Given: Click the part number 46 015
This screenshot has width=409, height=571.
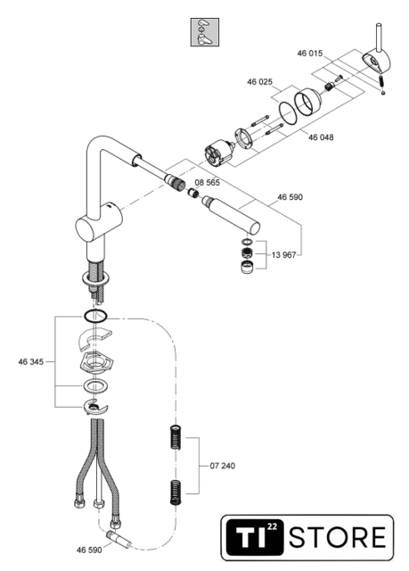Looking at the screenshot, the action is click(x=310, y=54).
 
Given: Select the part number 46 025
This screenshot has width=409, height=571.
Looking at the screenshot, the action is click(x=259, y=82).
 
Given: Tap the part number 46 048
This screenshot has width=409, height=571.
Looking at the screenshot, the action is click(x=321, y=137).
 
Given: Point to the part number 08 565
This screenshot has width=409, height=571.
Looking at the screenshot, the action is click(x=208, y=182).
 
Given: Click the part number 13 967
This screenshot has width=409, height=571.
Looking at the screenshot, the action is click(x=283, y=255).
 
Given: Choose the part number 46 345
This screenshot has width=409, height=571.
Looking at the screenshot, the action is click(x=31, y=361).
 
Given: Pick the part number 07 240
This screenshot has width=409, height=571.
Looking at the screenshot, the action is click(x=223, y=466).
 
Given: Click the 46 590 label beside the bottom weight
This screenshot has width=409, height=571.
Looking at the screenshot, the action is click(x=89, y=550).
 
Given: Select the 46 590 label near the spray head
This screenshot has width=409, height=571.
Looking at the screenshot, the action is click(x=290, y=197).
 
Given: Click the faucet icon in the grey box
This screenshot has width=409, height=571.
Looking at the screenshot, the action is click(x=205, y=32).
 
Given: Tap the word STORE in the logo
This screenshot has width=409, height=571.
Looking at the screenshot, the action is click(x=338, y=537).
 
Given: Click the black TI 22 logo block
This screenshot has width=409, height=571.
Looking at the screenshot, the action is click(x=255, y=537).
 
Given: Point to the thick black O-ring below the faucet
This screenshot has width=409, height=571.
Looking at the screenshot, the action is click(x=95, y=316).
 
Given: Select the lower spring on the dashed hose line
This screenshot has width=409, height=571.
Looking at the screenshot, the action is click(x=176, y=492).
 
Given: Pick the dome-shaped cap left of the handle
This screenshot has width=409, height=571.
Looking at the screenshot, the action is click(x=308, y=102).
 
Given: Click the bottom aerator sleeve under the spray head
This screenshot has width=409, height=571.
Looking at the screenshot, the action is click(x=248, y=267).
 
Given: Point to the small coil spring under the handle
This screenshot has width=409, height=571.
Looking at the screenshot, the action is click(x=381, y=81).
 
